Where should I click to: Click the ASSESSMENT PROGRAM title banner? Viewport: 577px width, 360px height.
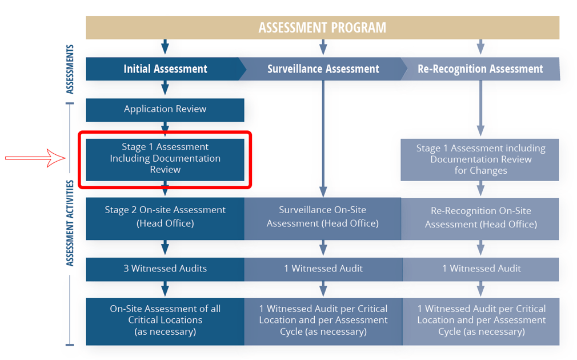(322, 27)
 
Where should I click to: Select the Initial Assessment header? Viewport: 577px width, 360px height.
(165, 69)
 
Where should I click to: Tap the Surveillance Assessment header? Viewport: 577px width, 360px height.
(323, 69)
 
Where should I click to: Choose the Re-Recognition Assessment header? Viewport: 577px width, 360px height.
(480, 69)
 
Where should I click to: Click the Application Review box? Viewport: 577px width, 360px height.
(165, 109)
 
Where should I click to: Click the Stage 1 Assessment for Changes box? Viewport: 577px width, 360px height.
(480, 159)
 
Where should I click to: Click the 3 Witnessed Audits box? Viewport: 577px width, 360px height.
(165, 269)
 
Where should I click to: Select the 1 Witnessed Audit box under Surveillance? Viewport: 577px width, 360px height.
(323, 269)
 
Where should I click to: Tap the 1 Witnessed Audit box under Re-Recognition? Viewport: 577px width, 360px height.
(481, 269)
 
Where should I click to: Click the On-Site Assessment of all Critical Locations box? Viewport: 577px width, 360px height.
(165, 321)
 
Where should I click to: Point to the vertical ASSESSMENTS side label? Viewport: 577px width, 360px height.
(70, 69)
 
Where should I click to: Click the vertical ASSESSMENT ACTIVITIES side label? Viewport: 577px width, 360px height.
(70, 223)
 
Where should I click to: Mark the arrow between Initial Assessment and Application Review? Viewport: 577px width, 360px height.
(165, 88)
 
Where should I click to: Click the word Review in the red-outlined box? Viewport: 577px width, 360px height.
(165, 170)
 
